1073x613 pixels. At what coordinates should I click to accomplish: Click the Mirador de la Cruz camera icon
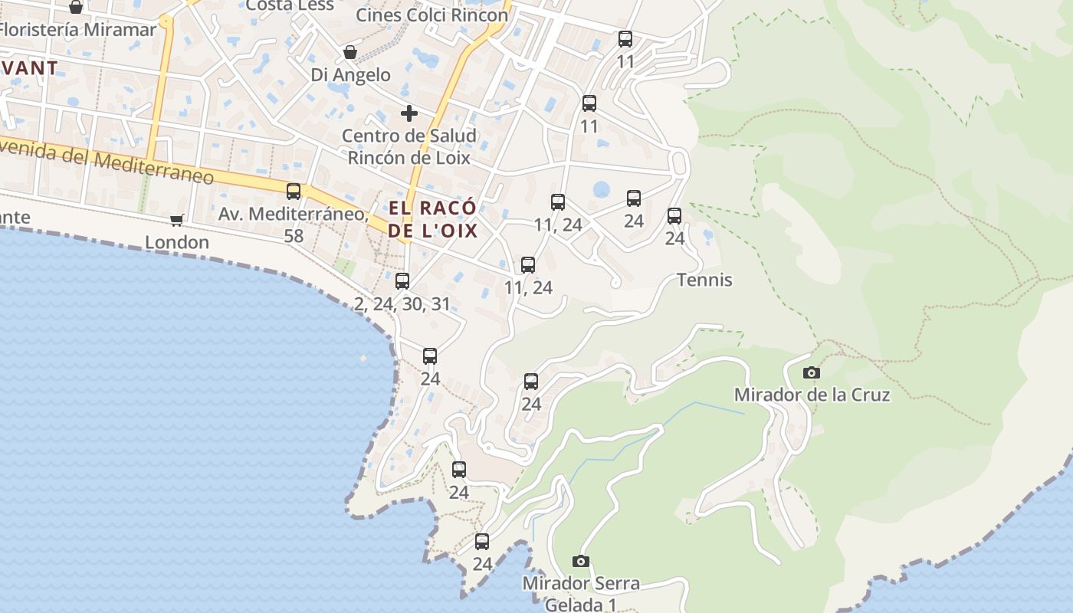coord(811,373)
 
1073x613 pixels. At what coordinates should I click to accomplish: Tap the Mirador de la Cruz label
coord(812,395)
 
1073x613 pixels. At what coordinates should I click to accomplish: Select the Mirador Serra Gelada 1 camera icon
coord(581,562)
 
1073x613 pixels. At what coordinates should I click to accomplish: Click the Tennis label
coord(704,280)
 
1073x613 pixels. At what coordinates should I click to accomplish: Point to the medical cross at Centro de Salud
coord(409,114)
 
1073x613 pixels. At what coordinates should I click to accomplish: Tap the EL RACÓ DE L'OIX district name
coord(433,219)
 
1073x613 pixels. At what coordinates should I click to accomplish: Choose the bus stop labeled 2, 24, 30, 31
coord(402,281)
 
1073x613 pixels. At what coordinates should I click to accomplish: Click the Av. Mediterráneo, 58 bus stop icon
coord(294,192)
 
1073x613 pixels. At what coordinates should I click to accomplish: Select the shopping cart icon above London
coord(177,221)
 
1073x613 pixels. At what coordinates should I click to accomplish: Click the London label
coord(177,243)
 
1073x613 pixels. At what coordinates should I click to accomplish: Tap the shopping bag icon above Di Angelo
coord(350,52)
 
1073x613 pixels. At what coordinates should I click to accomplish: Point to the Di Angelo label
coord(350,75)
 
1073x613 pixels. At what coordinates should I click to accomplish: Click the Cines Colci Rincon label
coord(432,15)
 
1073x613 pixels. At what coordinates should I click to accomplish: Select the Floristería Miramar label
coord(77,30)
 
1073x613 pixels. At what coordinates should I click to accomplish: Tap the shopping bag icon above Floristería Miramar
coord(76,8)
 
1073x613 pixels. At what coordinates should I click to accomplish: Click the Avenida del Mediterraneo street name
coord(107,160)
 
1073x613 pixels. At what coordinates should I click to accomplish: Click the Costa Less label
coord(290,5)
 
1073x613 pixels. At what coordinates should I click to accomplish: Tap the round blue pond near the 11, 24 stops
coord(602,189)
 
